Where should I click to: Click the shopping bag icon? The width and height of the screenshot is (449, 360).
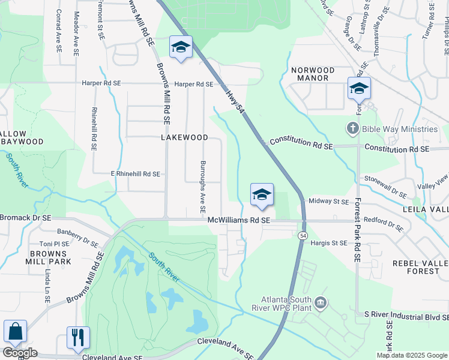click(15, 332)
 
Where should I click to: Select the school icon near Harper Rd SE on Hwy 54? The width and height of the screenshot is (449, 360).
click(180, 47)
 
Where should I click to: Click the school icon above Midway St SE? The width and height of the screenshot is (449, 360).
click(262, 194)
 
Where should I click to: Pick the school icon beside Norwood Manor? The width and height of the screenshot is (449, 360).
click(359, 89)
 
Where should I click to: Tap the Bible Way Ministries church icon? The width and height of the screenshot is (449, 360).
click(352, 129)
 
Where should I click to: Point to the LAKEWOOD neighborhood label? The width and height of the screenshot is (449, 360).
click(184, 137)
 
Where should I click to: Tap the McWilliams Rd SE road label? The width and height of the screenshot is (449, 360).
click(239, 221)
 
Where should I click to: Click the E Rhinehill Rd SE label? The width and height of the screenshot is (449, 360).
click(135, 174)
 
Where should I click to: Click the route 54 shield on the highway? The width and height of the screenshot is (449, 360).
click(302, 236)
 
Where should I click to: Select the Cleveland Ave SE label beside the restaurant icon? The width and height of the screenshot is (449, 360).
click(112, 357)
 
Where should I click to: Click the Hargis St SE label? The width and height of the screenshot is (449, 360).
click(329, 243)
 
